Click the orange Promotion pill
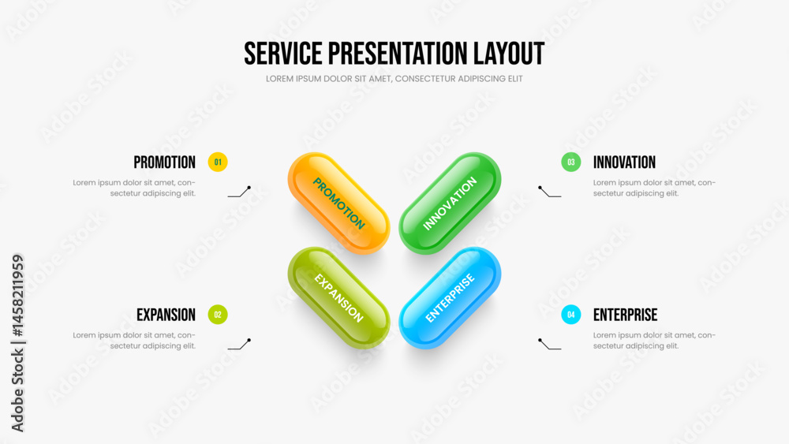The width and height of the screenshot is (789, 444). tap(338, 203)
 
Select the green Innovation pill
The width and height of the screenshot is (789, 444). tap(450, 203)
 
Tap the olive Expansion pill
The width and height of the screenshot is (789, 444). tap(338, 297)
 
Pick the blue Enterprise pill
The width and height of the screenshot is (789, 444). tap(450, 297)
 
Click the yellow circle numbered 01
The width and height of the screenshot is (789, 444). tap(218, 162)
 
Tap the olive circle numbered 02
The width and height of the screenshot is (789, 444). tap(218, 314)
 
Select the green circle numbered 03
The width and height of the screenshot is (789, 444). tap(571, 162)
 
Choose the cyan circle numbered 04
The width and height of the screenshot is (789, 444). tap(571, 314)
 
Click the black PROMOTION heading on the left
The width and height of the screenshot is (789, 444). tap(165, 162)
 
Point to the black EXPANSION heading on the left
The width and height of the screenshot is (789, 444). tap(166, 315)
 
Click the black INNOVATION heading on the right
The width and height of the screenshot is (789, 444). tap(624, 162)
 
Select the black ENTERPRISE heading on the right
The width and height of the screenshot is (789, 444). tap(626, 315)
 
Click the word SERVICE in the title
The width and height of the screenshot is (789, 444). tap(282, 54)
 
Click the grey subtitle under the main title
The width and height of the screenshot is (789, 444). tap(394, 79)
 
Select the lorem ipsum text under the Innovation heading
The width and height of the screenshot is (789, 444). tap(654, 188)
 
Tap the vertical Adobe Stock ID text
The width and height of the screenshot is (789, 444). tap(17, 343)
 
